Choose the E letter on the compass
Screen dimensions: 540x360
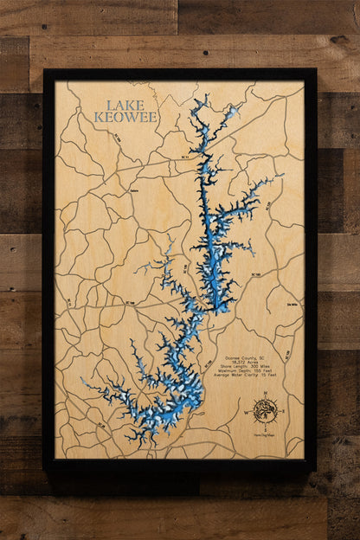(282, 410)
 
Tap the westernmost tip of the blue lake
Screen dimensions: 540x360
(82, 379)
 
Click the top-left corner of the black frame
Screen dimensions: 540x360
(44, 70)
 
